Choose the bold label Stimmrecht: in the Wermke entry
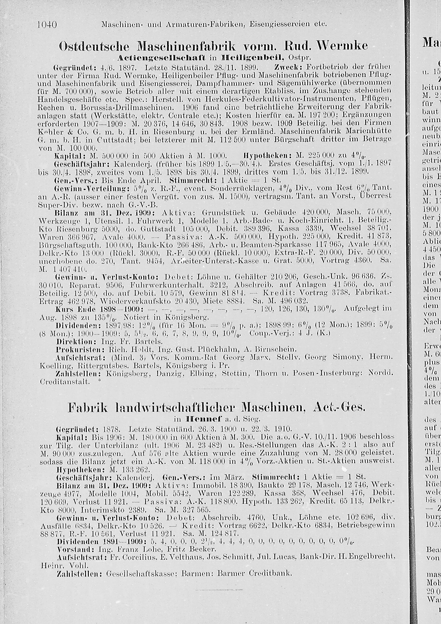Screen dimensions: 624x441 pyautogui.click(x=188, y=180)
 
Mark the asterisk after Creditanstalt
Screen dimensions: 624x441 pyautogui.click(x=99, y=381)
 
